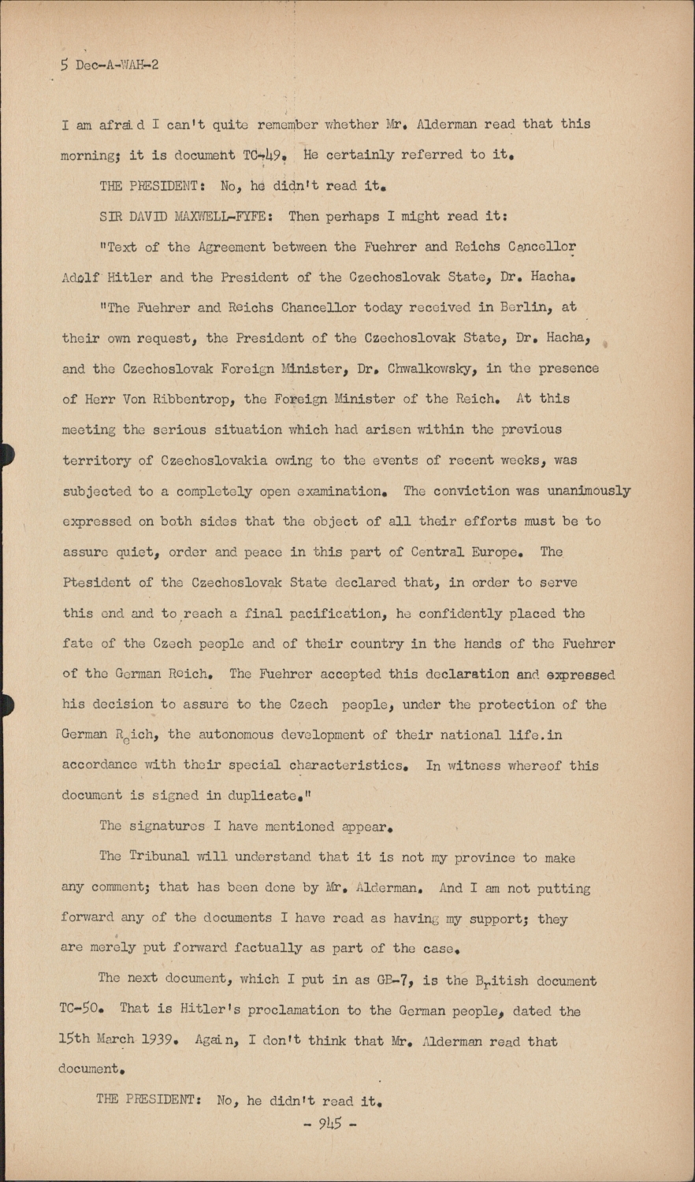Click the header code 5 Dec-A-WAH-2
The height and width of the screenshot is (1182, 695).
110,65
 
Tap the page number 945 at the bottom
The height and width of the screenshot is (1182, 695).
330,1124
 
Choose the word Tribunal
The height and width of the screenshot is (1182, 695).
158,857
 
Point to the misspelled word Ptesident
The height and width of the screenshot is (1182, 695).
96,583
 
